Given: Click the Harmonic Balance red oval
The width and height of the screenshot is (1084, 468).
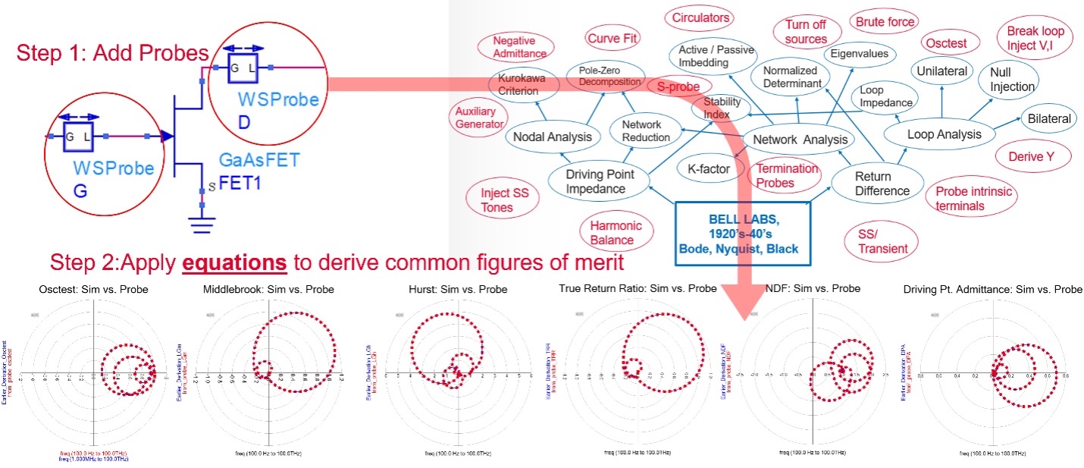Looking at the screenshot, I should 616,233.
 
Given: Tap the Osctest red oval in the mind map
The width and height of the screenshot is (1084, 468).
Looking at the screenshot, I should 947,43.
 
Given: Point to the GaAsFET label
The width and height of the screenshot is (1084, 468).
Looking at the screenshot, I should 259,161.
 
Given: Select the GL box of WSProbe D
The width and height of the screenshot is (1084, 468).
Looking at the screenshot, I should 240,67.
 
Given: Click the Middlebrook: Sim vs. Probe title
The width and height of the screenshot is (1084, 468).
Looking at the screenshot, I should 268,289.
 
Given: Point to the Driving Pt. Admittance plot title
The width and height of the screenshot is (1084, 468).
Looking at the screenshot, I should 993,289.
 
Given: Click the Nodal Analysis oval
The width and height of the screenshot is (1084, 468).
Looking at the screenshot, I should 553,137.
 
